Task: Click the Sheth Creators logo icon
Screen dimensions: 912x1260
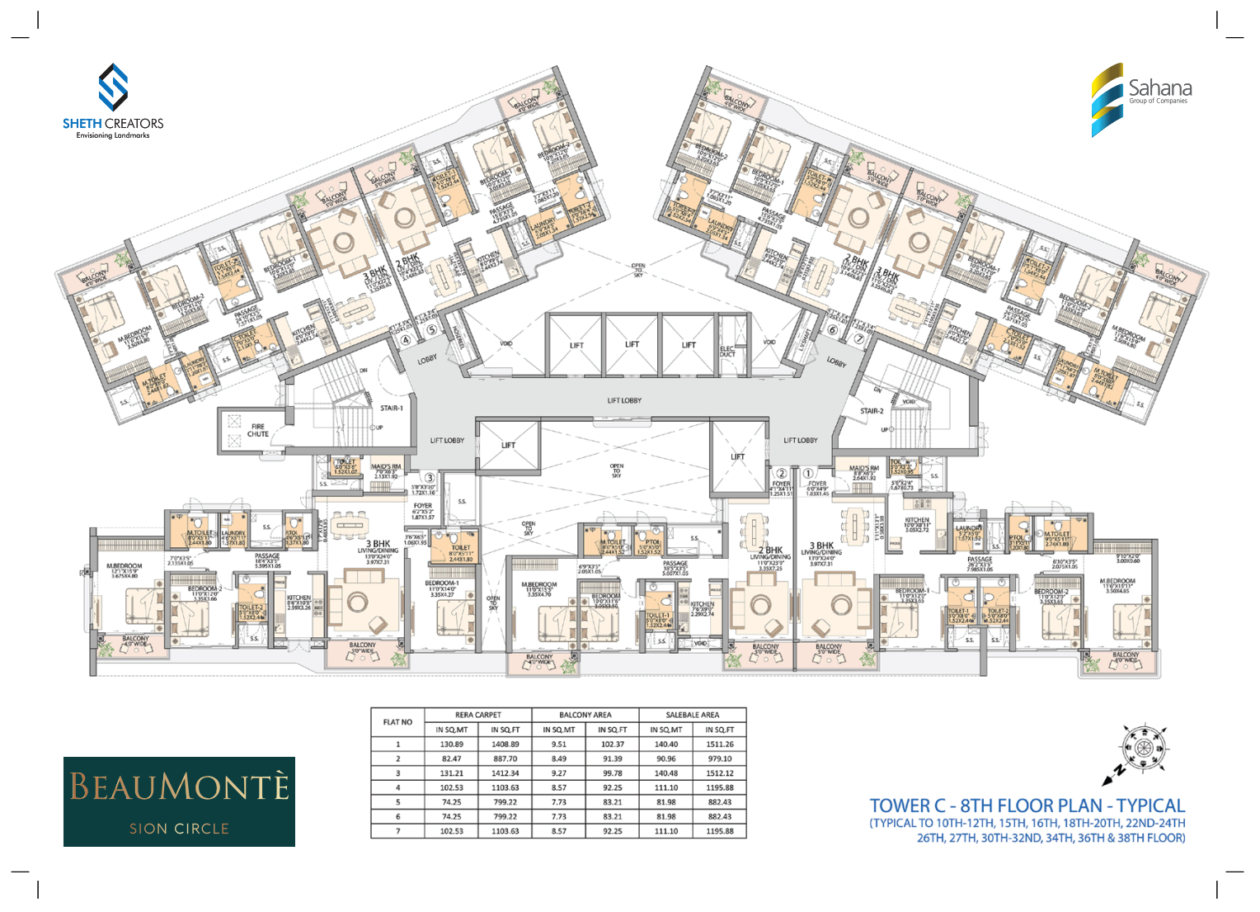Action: coord(113,87)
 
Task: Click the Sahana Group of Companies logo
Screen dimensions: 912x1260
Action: coord(1141,97)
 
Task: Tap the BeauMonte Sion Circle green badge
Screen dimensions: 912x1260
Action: coord(179,801)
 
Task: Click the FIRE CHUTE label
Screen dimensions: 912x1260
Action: coord(258,430)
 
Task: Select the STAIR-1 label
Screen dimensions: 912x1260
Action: coord(392,408)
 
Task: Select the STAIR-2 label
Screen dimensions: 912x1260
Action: coord(872,410)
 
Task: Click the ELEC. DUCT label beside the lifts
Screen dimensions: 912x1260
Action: coord(727,351)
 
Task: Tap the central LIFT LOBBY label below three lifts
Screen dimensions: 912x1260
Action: coord(624,400)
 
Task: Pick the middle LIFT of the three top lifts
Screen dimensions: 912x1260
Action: coord(632,344)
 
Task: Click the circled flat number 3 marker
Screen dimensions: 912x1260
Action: coord(430,478)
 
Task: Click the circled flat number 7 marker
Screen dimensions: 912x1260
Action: coord(858,338)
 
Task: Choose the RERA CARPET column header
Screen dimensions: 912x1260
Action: coord(478,715)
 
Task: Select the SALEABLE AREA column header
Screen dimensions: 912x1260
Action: coord(693,715)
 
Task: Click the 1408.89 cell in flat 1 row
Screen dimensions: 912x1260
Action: coord(505,744)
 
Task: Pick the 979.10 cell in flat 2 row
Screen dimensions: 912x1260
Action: coord(719,758)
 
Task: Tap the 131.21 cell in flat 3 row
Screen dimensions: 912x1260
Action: coord(451,773)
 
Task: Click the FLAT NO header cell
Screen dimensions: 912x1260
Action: coord(397,722)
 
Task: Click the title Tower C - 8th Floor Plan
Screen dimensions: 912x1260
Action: coord(1027,806)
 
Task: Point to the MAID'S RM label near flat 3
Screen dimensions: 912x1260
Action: coord(385,467)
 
